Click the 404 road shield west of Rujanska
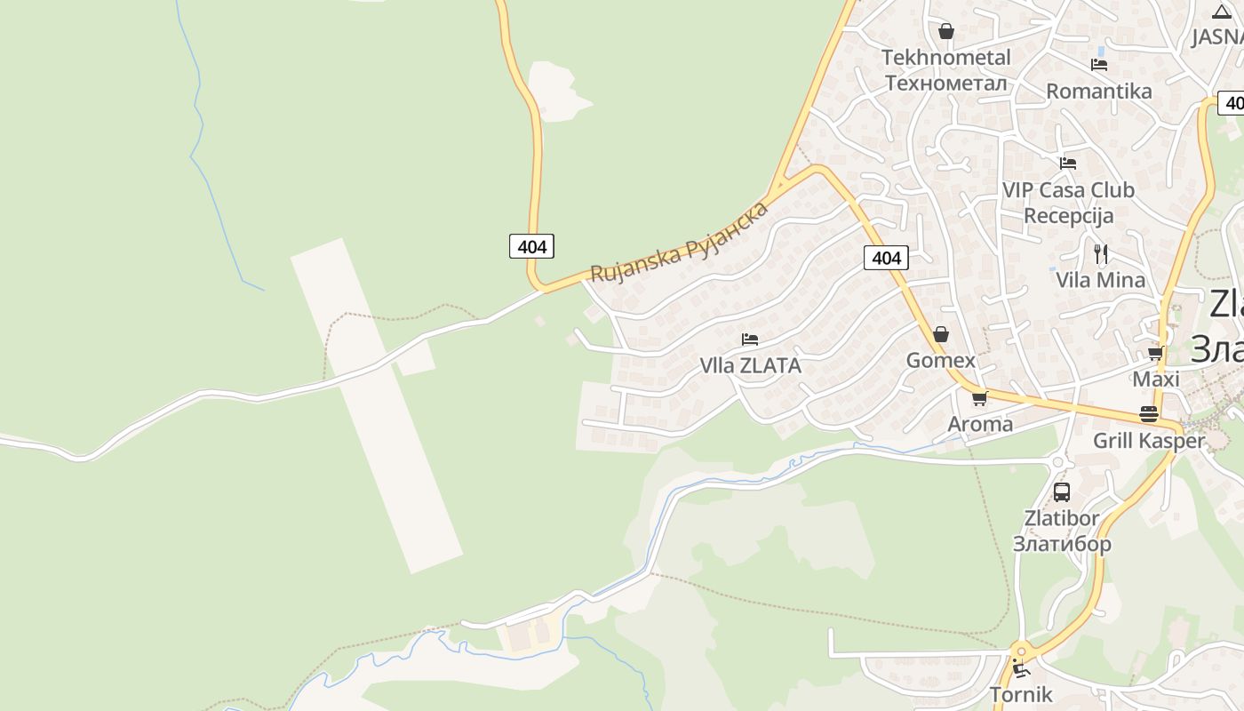tap(531, 246)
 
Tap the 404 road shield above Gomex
tap(886, 258)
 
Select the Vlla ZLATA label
tap(750, 365)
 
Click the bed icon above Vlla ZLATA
tap(750, 340)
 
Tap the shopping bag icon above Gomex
tap(941, 334)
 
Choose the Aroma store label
tap(980, 424)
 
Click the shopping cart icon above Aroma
tap(979, 398)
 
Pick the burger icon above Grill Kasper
tap(1149, 414)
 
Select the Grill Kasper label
tap(1149, 441)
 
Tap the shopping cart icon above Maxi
tap(1155, 353)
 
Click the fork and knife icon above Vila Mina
tap(1101, 253)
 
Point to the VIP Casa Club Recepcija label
tap(1068, 203)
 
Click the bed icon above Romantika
tap(1099, 65)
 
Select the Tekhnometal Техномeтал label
tap(946, 70)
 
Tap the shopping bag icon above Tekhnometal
tap(946, 31)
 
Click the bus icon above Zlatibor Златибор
tap(1061, 491)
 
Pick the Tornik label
tap(1021, 694)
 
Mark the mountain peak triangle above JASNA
tap(1221, 12)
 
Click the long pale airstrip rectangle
tap(376, 404)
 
